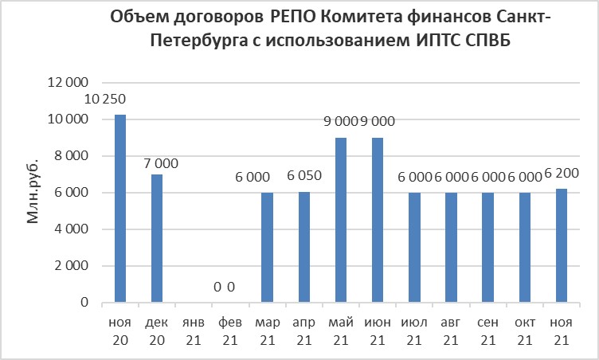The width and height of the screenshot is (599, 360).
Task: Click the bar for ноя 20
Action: tap(120, 209)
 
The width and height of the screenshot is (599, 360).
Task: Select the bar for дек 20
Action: tap(156, 239)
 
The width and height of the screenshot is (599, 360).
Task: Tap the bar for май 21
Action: tap(340, 221)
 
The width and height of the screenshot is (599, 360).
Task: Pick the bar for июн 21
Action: tap(378, 221)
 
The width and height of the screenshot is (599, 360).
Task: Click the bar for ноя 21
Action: tap(562, 246)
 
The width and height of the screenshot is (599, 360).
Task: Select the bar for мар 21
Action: tap(267, 248)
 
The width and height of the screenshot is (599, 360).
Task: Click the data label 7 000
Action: tap(162, 164)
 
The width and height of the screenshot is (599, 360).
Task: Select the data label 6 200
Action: tap(562, 173)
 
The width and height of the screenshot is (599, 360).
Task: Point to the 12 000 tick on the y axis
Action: tap(69, 83)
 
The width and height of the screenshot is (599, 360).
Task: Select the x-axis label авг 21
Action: tap(451, 332)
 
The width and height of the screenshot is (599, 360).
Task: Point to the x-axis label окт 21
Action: tap(525, 332)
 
